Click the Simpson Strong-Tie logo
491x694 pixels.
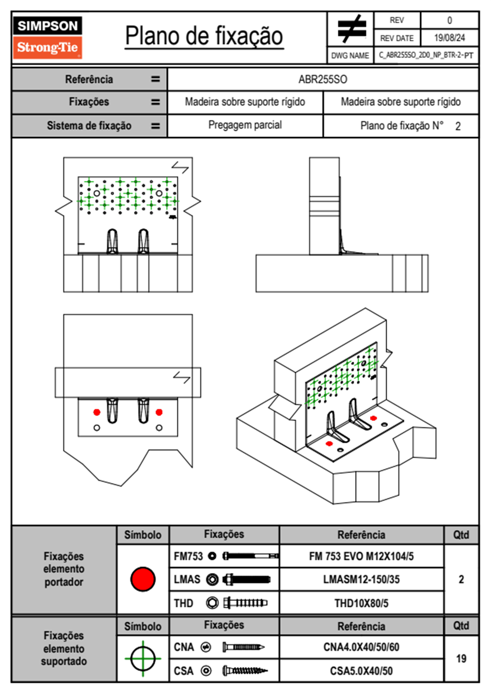tap(47, 38)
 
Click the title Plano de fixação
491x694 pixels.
tap(204, 36)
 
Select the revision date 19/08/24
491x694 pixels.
tap(449, 38)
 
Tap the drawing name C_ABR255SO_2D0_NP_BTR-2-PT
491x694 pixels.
tap(426, 55)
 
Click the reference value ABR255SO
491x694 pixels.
tap(323, 79)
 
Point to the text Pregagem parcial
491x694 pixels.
tap(245, 125)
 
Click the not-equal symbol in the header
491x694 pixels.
tap(352, 29)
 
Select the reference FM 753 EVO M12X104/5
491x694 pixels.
tap(361, 556)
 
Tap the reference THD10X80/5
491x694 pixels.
tap(361, 603)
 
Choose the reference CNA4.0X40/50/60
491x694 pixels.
tap(361, 647)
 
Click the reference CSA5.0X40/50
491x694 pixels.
tap(361, 671)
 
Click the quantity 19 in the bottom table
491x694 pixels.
tap(461, 659)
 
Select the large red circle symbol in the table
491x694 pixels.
tap(143, 579)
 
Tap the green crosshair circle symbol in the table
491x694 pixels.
tap(143, 659)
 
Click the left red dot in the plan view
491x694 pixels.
tap(97, 412)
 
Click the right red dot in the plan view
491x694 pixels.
tap(159, 412)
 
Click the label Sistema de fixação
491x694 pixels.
tap(89, 125)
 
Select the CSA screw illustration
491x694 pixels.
tap(245, 671)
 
